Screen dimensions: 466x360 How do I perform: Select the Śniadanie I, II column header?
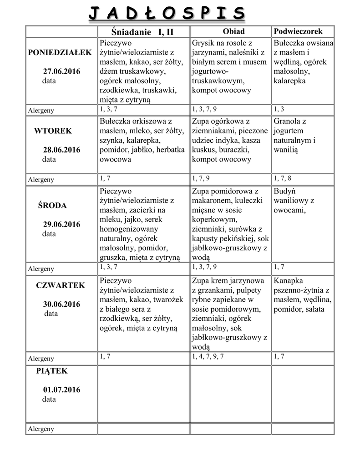[x=143, y=32]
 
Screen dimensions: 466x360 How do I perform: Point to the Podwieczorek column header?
[x=298, y=31]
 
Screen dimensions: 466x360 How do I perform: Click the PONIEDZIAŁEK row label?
[x=60, y=52]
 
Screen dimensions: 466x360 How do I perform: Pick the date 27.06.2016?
[x=61, y=71]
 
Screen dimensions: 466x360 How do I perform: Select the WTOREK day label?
[x=53, y=131]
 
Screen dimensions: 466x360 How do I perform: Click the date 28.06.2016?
[x=61, y=150]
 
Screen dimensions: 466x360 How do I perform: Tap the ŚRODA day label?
[x=52, y=205]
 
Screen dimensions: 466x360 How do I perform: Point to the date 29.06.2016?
[x=61, y=224]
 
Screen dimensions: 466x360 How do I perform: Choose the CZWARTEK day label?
[x=61, y=285]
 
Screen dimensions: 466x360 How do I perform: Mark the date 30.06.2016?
[x=61, y=304]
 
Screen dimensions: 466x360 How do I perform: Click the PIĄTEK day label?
[x=52, y=371]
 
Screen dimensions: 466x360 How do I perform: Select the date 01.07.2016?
[x=61, y=390]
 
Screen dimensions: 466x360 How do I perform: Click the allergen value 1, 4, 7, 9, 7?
[x=208, y=356]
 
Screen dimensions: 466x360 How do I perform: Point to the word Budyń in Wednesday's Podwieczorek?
[x=284, y=191]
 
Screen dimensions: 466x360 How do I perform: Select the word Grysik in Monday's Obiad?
[x=203, y=43]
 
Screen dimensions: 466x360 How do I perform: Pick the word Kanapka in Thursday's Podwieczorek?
[x=289, y=281]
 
